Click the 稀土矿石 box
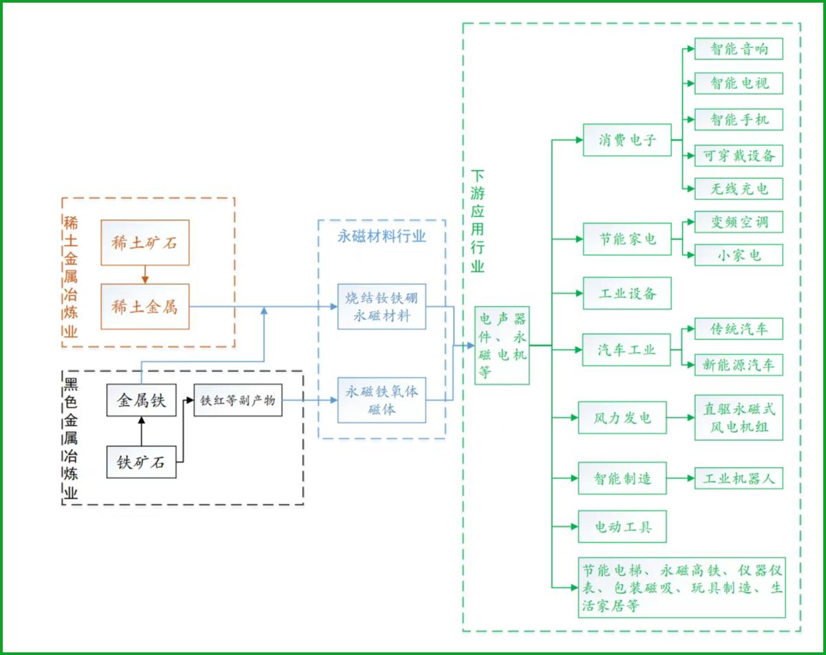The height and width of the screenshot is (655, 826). tap(145, 242)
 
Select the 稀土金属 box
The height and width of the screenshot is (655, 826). tap(145, 307)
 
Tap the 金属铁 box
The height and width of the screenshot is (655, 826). tap(141, 400)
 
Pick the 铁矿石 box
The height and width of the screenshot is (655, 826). tap(141, 462)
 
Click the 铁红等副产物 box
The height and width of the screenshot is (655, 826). tap(238, 400)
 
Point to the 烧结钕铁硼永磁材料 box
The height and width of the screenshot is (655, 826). tap(381, 307)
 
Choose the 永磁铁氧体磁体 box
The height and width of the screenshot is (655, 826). tap(381, 400)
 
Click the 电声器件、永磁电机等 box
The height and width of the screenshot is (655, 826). tap(502, 345)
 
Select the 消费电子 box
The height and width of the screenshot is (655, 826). tap(627, 140)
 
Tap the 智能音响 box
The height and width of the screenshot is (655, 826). tap(739, 49)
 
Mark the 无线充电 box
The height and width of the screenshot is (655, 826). tap(739, 189)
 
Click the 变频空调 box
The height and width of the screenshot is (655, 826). tap(739, 222)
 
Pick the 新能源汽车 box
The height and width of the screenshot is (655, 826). tap(739, 365)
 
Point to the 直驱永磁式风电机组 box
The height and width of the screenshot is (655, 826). tap(739, 418)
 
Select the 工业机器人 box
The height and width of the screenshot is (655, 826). tap(739, 478)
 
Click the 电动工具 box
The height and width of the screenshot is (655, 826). tap(622, 526)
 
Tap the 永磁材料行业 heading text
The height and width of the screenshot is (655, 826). tap(381, 237)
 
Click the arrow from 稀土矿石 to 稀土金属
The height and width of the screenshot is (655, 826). tap(145, 275)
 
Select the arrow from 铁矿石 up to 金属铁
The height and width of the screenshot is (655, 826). tap(141, 431)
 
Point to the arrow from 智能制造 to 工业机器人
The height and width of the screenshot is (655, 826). tap(681, 478)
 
